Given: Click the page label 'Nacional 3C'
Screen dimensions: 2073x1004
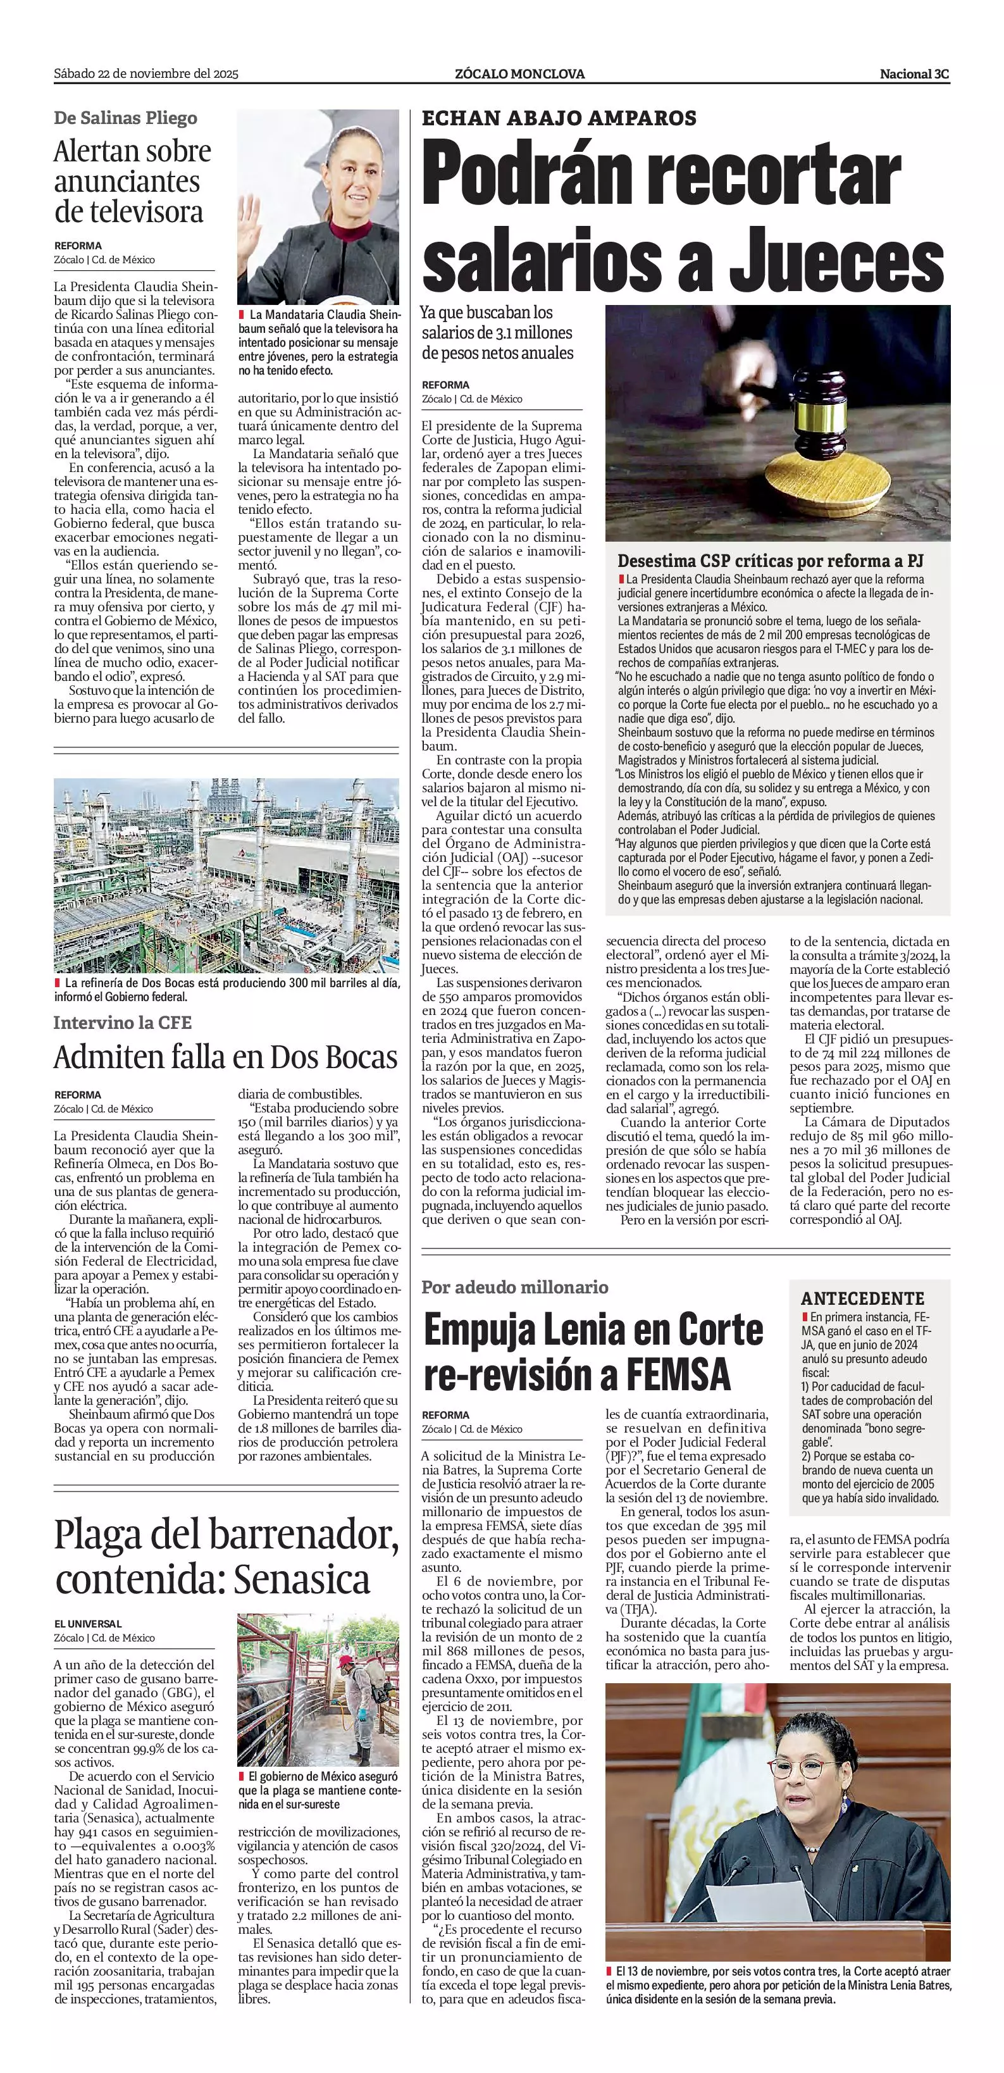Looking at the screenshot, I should [x=914, y=74].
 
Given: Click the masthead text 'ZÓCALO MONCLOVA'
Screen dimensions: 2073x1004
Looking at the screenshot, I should [x=519, y=74].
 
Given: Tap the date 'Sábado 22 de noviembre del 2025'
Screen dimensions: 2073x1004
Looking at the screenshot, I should [x=146, y=74].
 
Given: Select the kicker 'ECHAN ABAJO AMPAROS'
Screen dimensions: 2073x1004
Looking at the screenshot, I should [x=559, y=118].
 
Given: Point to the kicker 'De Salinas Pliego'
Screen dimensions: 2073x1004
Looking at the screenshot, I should [x=125, y=118].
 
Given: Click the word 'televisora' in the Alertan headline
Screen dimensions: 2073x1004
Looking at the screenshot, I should [x=128, y=213].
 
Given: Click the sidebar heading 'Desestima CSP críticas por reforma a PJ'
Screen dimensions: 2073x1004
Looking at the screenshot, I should [x=770, y=561].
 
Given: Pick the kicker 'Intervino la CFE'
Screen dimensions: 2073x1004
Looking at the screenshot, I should [x=123, y=1023].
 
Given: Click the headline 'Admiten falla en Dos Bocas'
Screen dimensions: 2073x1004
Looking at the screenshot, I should [x=225, y=1057].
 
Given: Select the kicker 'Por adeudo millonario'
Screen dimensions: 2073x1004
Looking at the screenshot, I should [x=515, y=1287].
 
